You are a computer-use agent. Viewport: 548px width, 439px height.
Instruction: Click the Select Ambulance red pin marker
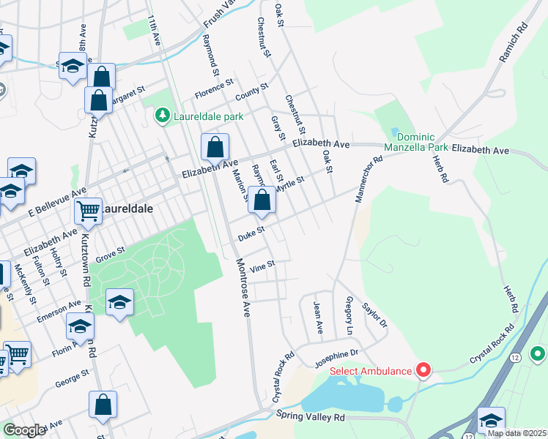(x=423, y=370)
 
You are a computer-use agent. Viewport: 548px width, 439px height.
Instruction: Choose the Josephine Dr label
(x=337, y=354)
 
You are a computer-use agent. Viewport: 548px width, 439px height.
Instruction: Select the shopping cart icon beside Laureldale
(x=88, y=211)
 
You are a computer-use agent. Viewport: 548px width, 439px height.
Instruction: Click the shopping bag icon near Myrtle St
(x=262, y=199)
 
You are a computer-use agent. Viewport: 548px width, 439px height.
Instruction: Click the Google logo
(x=23, y=431)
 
